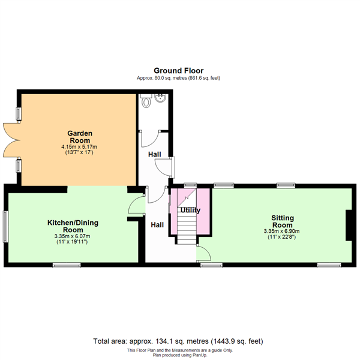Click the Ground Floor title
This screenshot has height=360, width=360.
coord(179,70)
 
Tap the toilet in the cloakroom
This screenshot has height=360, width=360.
coord(146,101)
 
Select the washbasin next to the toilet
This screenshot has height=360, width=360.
coord(160,98)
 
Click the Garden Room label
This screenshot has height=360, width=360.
coord(80,137)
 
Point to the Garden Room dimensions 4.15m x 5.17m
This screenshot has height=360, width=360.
coord(79,147)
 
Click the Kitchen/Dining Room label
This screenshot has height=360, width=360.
coord(73,226)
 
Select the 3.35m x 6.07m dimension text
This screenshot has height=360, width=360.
coord(73,236)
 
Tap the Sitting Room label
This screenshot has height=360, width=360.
coord(283,221)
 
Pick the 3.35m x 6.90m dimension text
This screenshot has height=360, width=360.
coord(282,231)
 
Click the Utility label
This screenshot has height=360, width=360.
coord(190,211)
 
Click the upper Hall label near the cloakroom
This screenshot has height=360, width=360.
coord(155,154)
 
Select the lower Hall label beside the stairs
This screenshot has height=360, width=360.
coord(157,225)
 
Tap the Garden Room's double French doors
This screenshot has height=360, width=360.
coord(11,140)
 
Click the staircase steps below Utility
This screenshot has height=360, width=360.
coord(187,229)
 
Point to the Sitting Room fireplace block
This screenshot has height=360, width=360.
coord(349,225)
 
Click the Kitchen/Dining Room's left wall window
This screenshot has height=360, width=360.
coord(5,227)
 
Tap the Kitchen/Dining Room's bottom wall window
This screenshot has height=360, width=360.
coord(67,265)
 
